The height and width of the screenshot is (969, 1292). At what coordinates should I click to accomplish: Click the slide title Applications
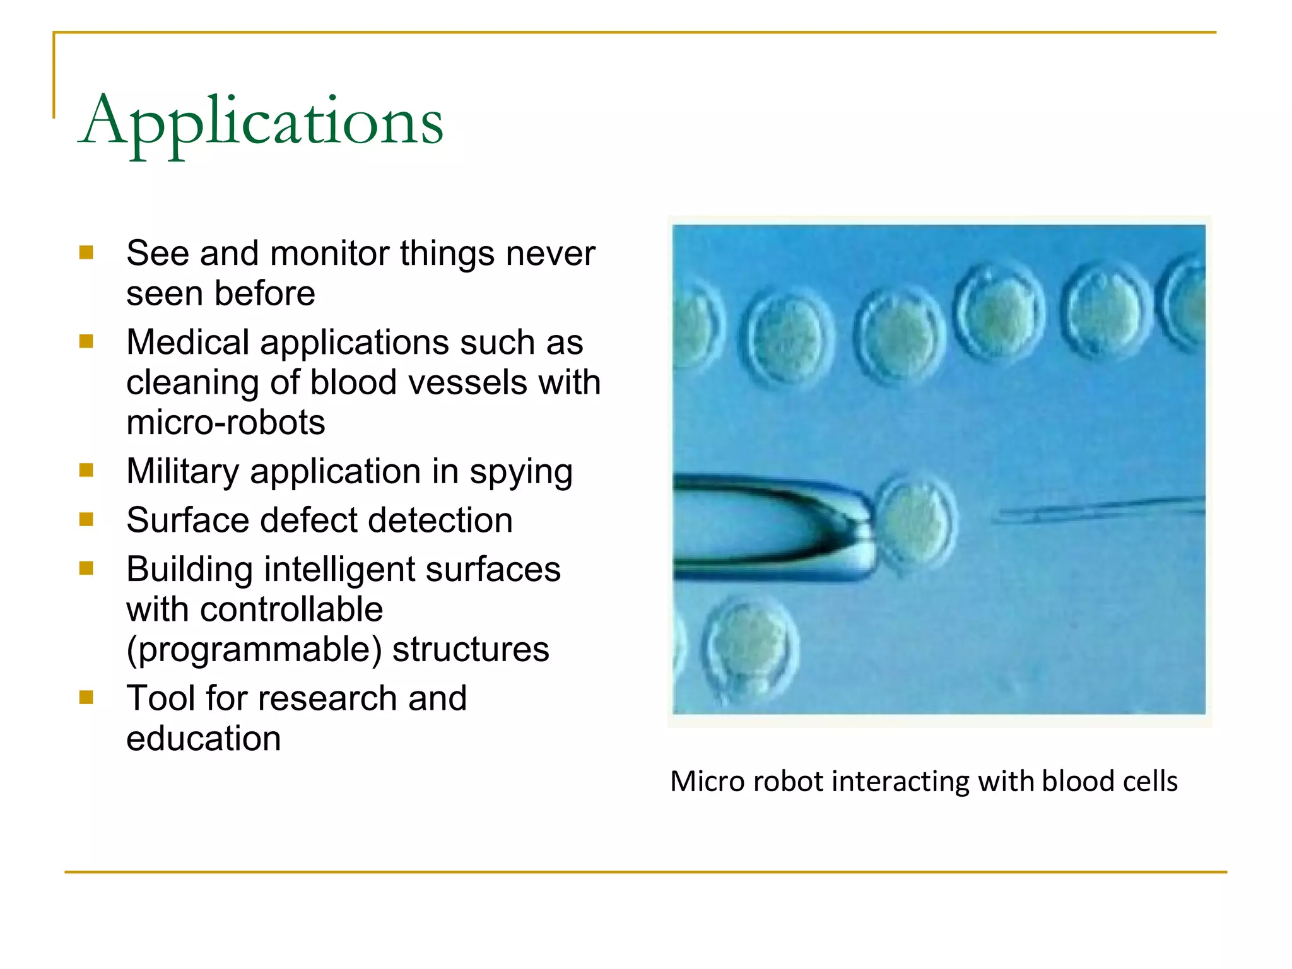click(x=261, y=122)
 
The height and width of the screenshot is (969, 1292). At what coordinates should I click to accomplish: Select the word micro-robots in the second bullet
click(x=226, y=422)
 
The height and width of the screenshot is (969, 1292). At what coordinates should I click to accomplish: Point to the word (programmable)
click(x=254, y=649)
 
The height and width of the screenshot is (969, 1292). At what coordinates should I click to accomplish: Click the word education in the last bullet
click(x=203, y=738)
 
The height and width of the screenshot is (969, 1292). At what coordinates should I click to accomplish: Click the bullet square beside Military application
click(x=86, y=471)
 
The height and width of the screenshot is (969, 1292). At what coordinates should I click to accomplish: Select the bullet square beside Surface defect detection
click(x=86, y=519)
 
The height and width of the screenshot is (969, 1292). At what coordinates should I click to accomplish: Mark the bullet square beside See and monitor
click(x=86, y=253)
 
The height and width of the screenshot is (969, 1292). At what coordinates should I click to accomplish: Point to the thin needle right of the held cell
click(x=1098, y=508)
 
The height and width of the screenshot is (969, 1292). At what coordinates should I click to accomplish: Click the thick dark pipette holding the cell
click(x=770, y=526)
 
